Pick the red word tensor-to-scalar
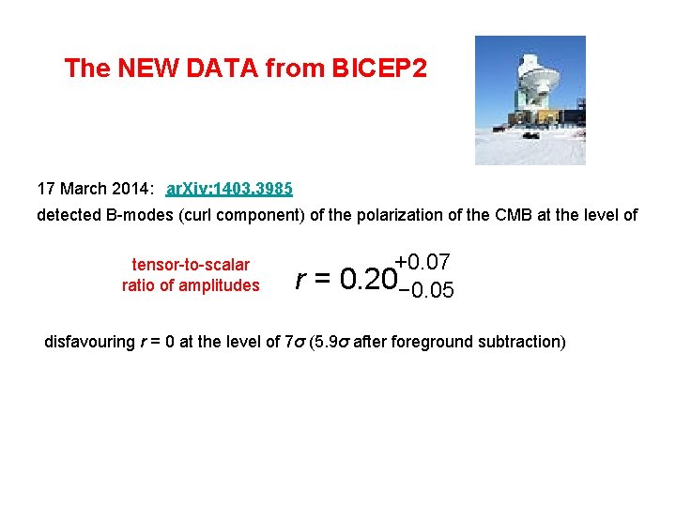pyautogui.click(x=191, y=265)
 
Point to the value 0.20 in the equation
pyautogui.click(x=364, y=279)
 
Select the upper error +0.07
pyautogui.click(x=423, y=260)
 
